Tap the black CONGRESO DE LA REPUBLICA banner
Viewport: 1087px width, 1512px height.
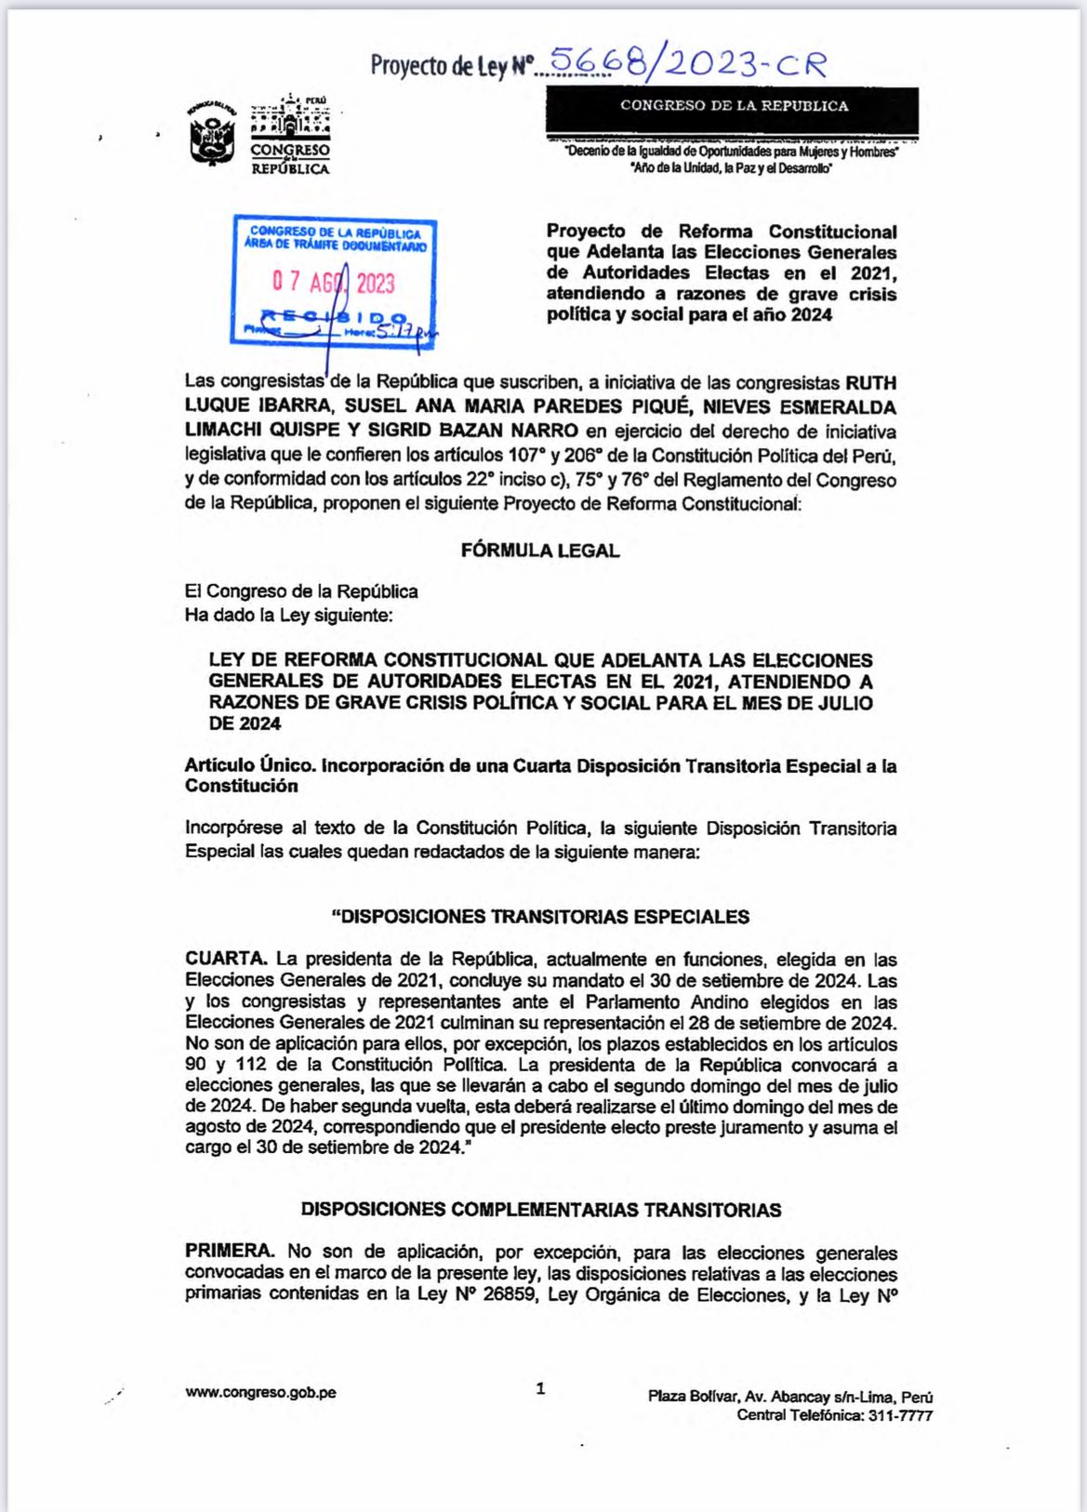point(733,107)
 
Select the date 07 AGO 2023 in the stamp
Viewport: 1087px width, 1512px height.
point(333,282)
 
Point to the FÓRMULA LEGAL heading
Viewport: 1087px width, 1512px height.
point(540,550)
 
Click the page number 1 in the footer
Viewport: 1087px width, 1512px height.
point(541,1389)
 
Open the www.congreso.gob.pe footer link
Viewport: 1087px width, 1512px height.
point(260,1392)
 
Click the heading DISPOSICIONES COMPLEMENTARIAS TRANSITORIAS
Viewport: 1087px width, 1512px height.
point(541,1210)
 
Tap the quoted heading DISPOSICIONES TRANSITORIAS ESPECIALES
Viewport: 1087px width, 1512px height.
point(541,917)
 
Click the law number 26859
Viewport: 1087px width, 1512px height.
point(510,1294)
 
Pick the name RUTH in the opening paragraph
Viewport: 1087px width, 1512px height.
point(870,383)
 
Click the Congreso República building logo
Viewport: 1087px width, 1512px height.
point(290,135)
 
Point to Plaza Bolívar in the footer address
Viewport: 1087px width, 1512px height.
point(689,1397)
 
